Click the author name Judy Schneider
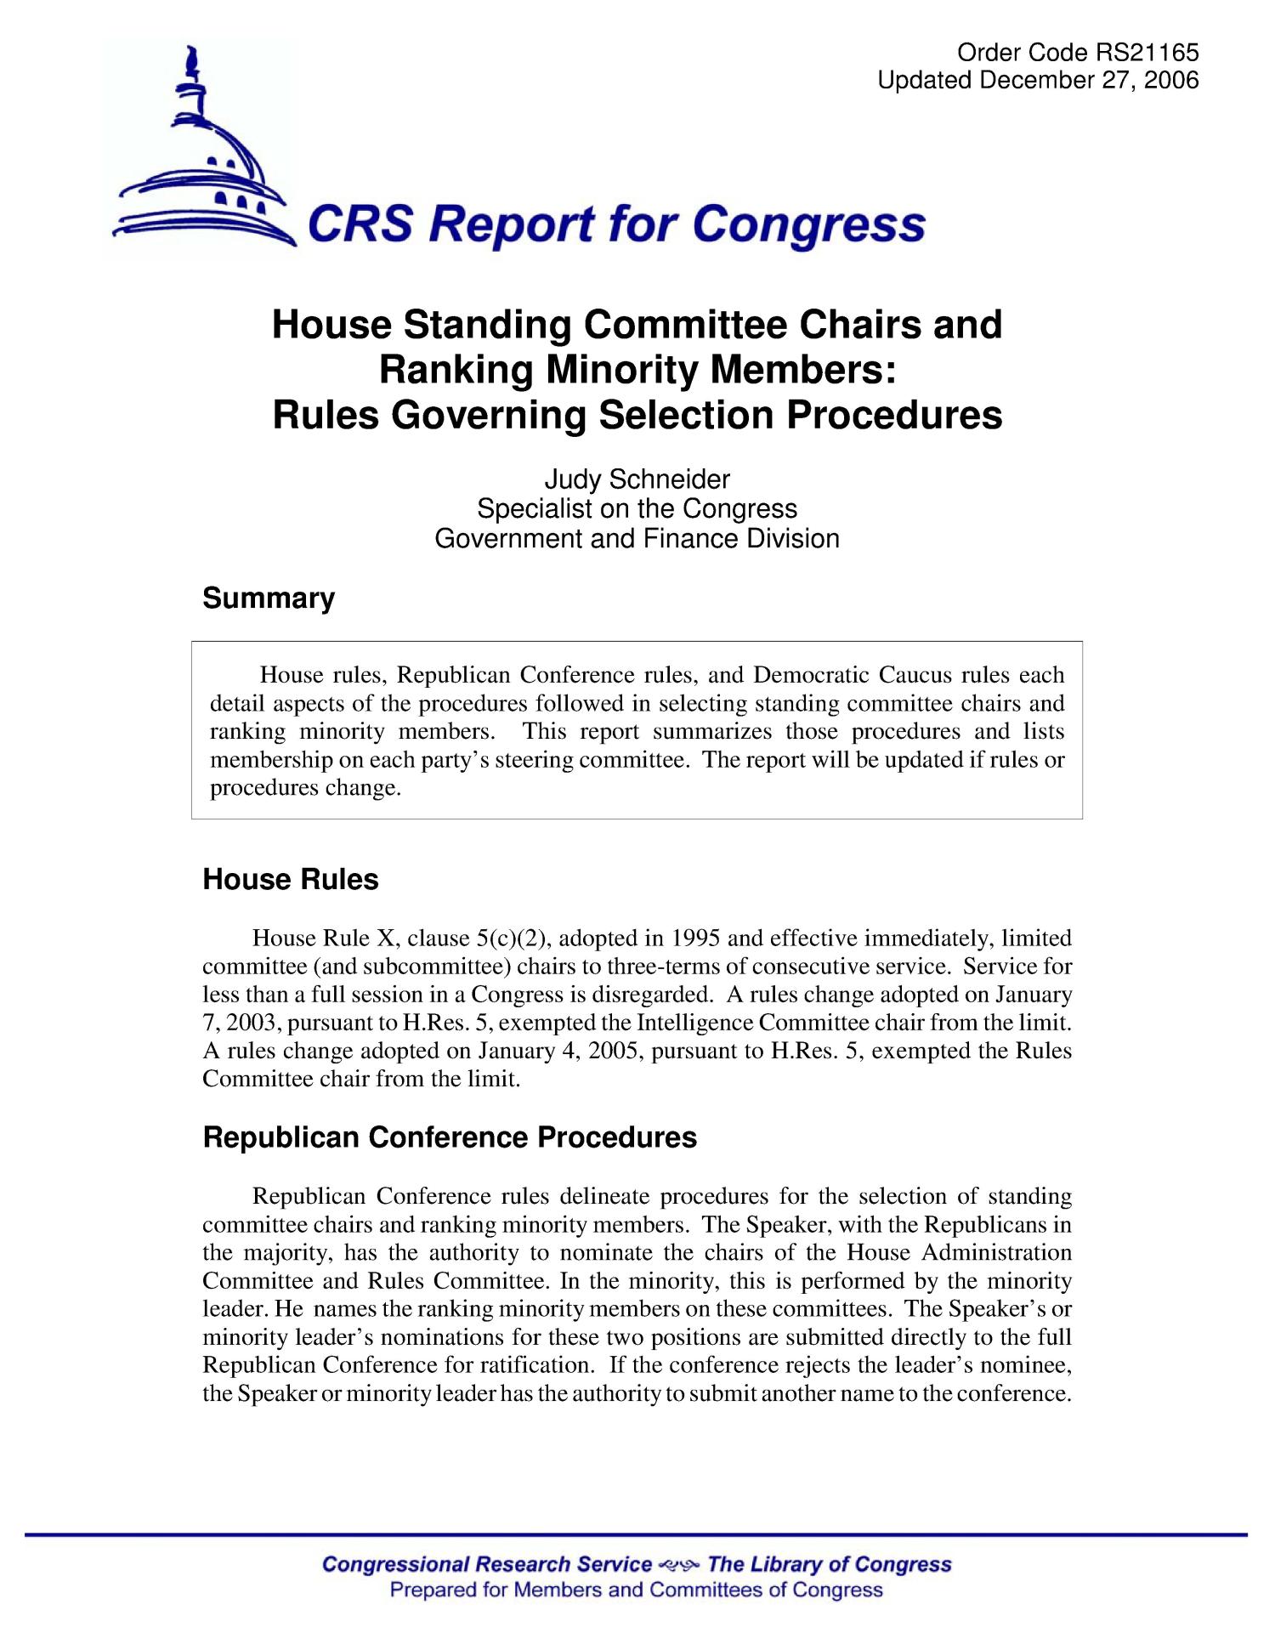click(x=637, y=480)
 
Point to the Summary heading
click(x=269, y=598)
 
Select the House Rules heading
click(x=291, y=879)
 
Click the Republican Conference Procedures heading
click(x=450, y=1137)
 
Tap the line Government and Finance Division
click(x=637, y=539)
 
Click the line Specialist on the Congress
click(x=637, y=509)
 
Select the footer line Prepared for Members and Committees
click(x=636, y=1590)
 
